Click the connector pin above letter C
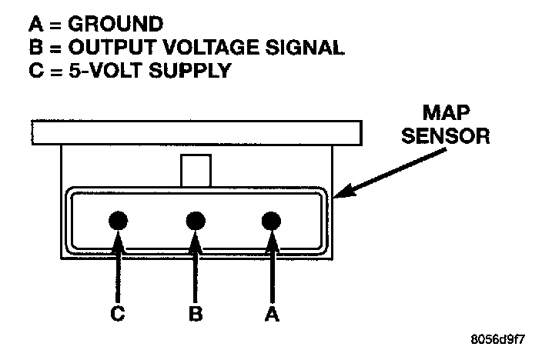click(x=118, y=222)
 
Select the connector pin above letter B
click(x=196, y=222)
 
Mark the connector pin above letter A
click(x=269, y=222)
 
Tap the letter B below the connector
click(x=196, y=313)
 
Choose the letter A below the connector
click(x=269, y=313)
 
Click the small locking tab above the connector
click(x=196, y=169)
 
